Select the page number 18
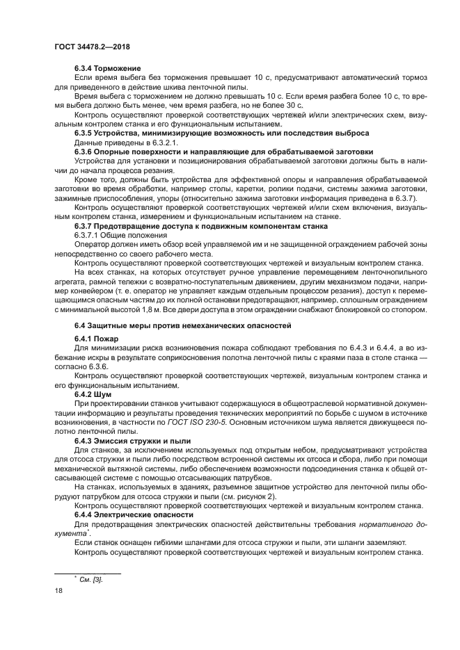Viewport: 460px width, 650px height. point(58,590)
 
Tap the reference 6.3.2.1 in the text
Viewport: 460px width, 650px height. point(161,141)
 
